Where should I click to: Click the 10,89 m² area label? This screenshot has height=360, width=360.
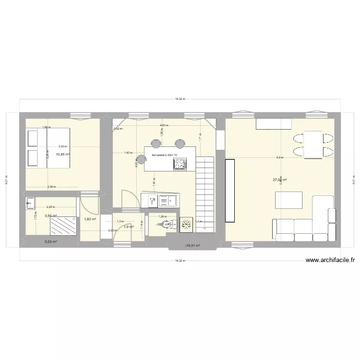coord(63,155)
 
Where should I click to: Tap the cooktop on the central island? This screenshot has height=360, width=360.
coord(180,165)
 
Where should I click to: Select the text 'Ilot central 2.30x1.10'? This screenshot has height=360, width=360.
coord(164,156)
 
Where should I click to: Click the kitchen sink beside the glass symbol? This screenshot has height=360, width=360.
coord(168,200)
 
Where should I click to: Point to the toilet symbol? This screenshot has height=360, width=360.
coord(167,224)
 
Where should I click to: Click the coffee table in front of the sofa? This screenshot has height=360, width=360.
coord(288,199)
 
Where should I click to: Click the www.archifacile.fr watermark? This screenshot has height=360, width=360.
coord(331,261)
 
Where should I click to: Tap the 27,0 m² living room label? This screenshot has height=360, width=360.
coord(280,180)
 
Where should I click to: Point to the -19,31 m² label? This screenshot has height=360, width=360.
coord(192,245)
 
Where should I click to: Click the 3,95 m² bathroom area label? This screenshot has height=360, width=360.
coord(51,216)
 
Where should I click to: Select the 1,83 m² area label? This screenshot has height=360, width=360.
coord(90,219)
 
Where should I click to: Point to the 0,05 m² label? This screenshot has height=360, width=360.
coord(51,242)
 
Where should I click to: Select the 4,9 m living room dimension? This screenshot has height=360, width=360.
coord(279,157)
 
